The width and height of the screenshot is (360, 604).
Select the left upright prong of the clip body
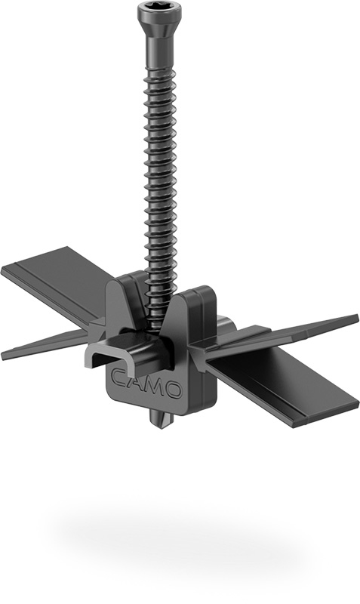click(125, 298)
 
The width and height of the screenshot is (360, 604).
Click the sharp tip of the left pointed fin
click(4, 355)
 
